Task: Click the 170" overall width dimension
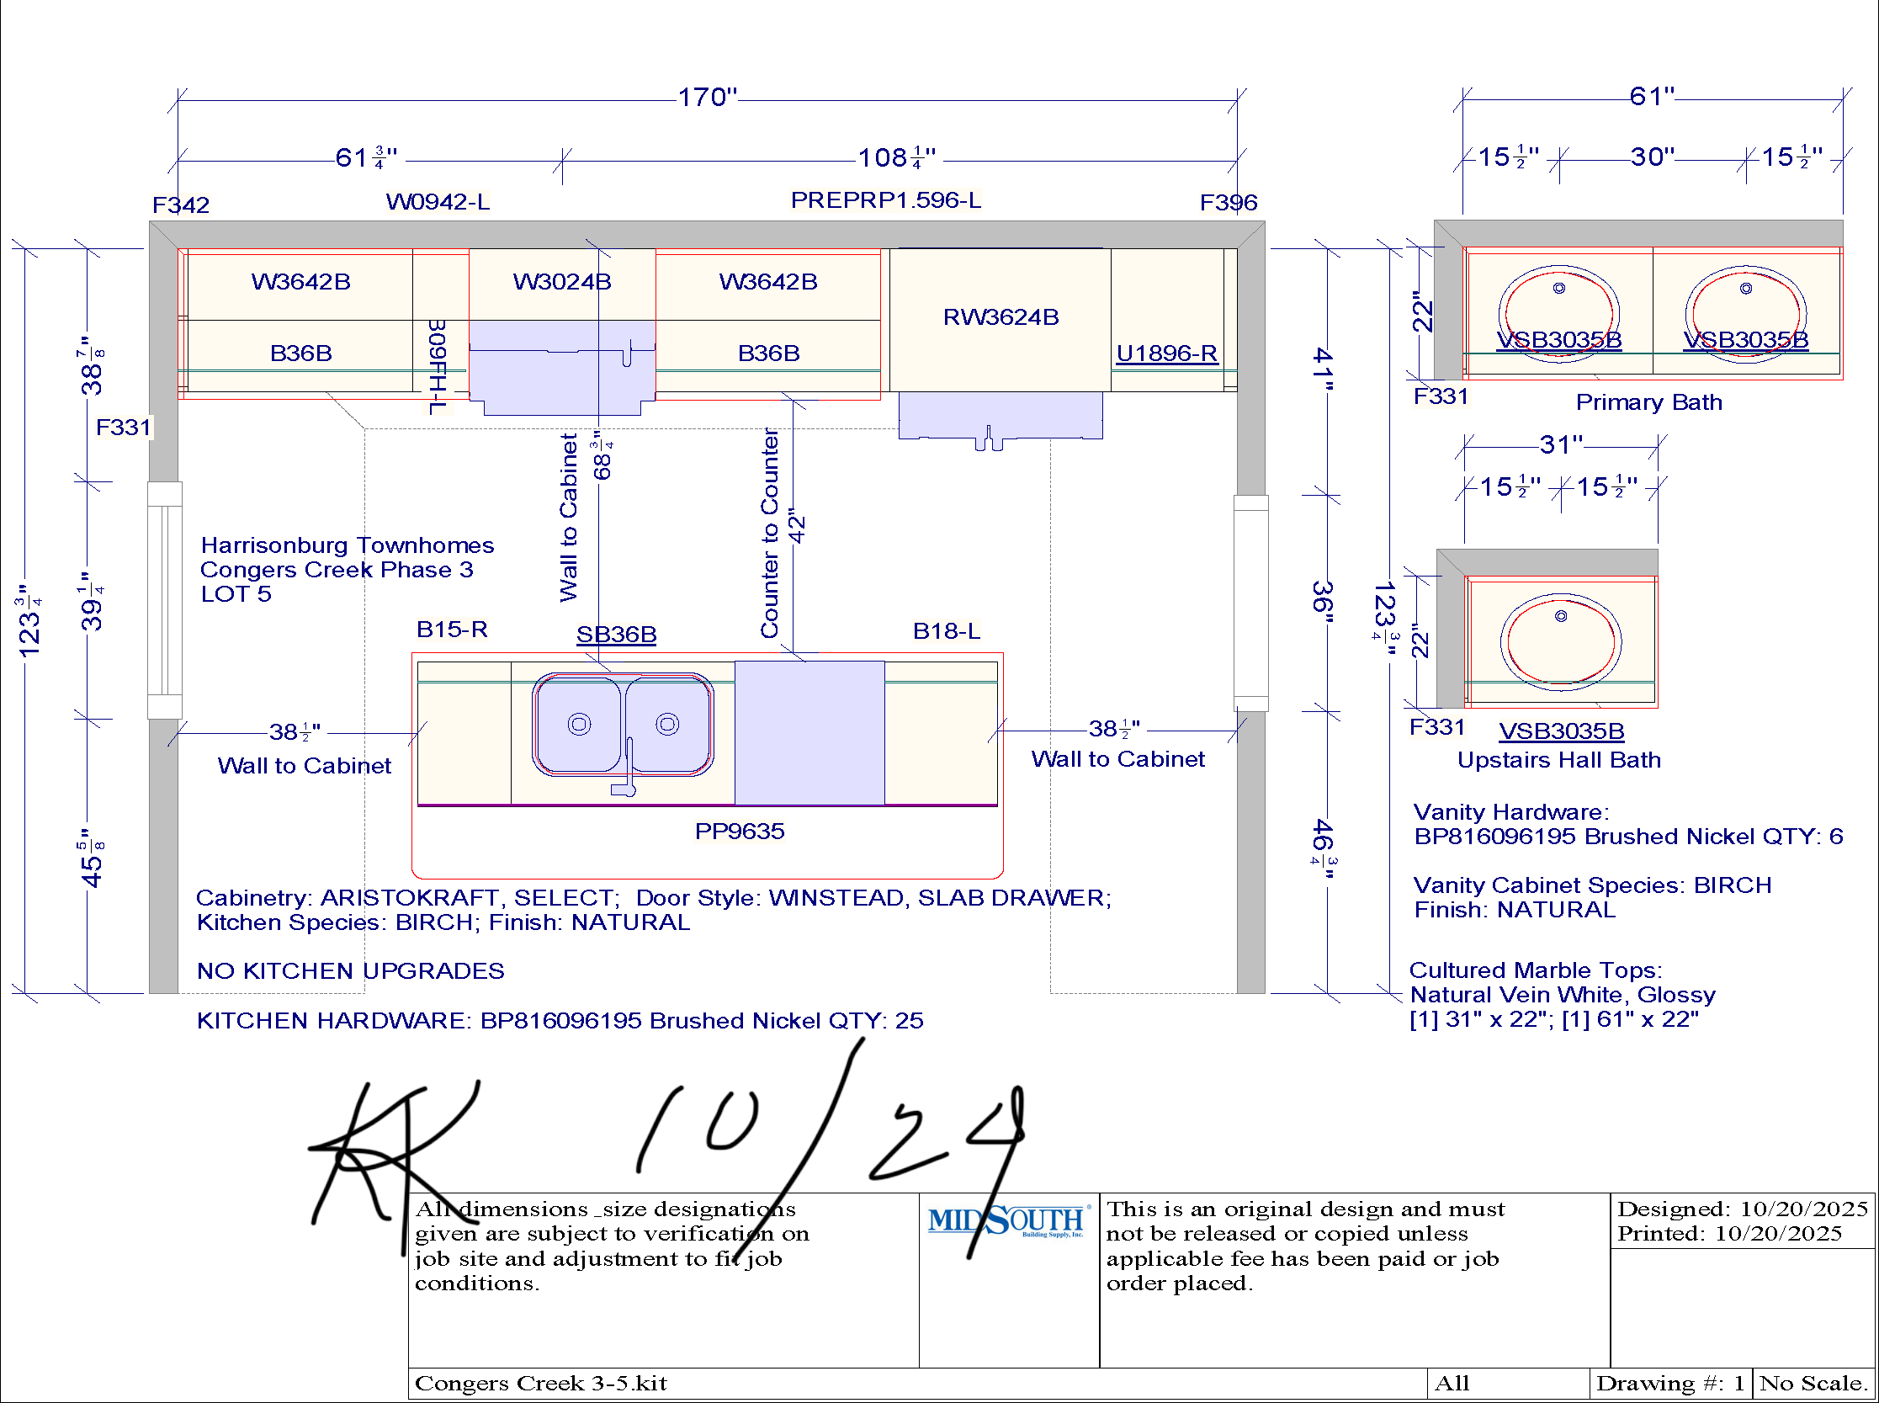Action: [x=708, y=97]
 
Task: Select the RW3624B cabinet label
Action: [x=1001, y=316]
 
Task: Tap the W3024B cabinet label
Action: [x=561, y=281]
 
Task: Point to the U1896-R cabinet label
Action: [x=1165, y=353]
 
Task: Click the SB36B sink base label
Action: [x=617, y=634]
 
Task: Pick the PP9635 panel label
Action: [x=740, y=831]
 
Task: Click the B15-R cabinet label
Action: [x=452, y=630]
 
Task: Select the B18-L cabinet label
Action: [x=946, y=631]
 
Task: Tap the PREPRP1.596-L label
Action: [x=885, y=199]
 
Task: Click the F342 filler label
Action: [x=180, y=205]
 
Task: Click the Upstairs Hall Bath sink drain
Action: [x=1561, y=616]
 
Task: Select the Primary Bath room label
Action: [x=1649, y=401]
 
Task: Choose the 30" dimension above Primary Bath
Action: [x=1653, y=157]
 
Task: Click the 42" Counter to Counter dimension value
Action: [x=796, y=526]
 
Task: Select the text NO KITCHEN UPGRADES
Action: [x=351, y=970]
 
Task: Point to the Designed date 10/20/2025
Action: [x=1803, y=1209]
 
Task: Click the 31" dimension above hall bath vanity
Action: [x=1561, y=444]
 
